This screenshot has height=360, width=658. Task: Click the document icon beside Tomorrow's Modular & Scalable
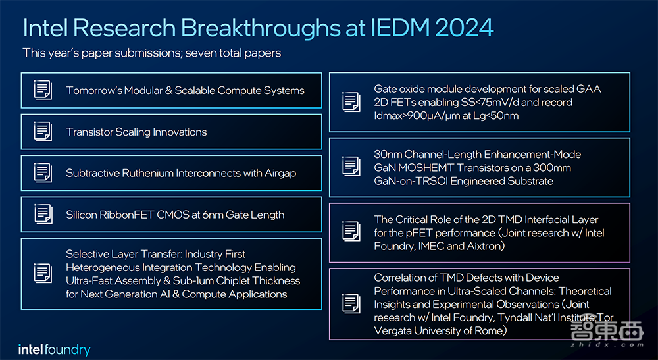click(x=43, y=90)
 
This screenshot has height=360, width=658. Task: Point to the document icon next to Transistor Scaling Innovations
click(x=43, y=132)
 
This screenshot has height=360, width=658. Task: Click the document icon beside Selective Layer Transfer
click(x=43, y=273)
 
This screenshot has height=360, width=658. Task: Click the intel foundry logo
click(x=54, y=349)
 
